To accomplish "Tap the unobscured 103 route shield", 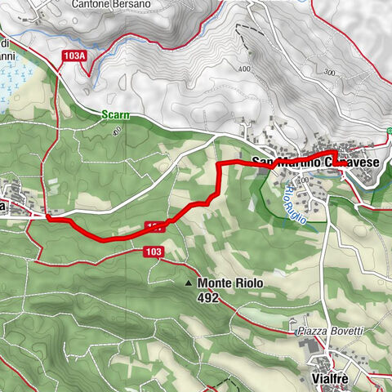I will point(153,251).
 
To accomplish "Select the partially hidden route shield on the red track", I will point(156,224).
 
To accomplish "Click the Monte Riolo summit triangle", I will point(189,283).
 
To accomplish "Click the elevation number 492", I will point(207,298).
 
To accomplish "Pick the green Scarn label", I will point(117,116).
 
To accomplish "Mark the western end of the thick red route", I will point(48,216).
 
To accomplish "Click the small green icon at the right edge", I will point(390,131).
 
